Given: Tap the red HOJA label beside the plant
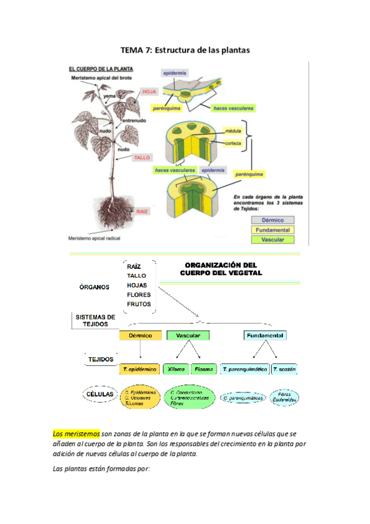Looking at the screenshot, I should [x=149, y=91].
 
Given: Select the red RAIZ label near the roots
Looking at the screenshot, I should [x=142, y=211].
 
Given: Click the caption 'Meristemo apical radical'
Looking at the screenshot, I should [x=94, y=237].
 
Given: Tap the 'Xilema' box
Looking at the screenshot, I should [x=176, y=369].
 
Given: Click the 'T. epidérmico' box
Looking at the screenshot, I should [x=140, y=369].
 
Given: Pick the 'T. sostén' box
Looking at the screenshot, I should [x=284, y=369].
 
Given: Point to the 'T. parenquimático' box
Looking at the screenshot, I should [x=244, y=369].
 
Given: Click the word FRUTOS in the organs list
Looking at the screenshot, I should [x=139, y=304].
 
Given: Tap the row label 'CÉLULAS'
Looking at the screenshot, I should [x=98, y=393].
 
